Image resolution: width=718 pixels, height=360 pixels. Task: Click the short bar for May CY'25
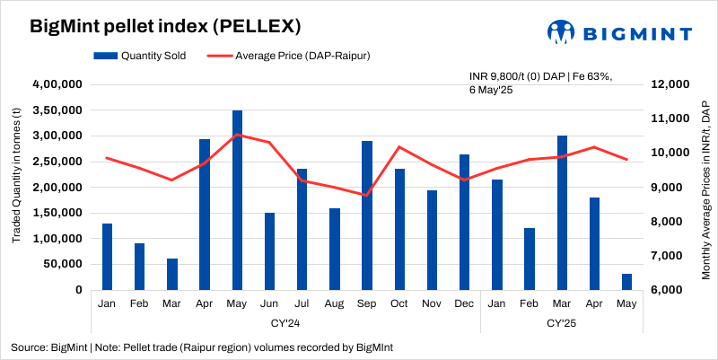tap(626, 282)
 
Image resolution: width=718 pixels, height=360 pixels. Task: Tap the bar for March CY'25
tap(562, 213)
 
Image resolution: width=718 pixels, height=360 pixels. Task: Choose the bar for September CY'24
tap(367, 215)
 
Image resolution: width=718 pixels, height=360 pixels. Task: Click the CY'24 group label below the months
tap(285, 321)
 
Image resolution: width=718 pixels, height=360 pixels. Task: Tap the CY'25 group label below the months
tap(562, 321)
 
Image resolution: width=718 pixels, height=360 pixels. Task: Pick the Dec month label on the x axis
tap(464, 304)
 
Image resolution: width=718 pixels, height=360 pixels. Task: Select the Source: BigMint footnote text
tap(201, 347)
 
